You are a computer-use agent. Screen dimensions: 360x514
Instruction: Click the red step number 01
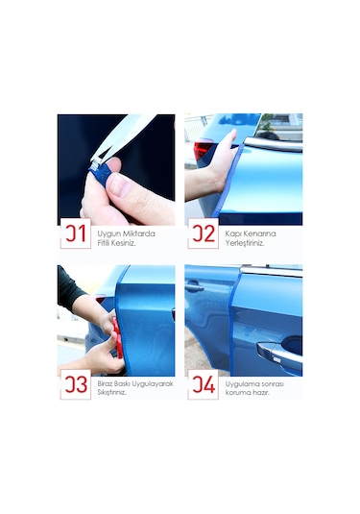tap(75, 233)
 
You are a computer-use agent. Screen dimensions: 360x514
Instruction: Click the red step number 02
tap(204, 233)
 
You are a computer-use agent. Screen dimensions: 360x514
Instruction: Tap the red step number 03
tap(76, 384)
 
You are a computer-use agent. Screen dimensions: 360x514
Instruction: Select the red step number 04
tap(204, 384)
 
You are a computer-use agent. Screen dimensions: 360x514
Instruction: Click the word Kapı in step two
tap(231, 234)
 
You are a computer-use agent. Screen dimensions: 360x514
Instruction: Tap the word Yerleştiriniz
tap(245, 243)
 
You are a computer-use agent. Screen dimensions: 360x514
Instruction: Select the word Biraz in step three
tap(106, 384)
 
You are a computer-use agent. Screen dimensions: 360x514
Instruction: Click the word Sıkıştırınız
tap(111, 392)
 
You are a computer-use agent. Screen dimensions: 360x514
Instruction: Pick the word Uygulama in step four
tap(239, 384)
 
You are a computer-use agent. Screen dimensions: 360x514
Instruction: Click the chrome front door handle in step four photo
tap(279, 354)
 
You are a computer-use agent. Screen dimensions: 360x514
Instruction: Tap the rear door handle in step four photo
tap(194, 288)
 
